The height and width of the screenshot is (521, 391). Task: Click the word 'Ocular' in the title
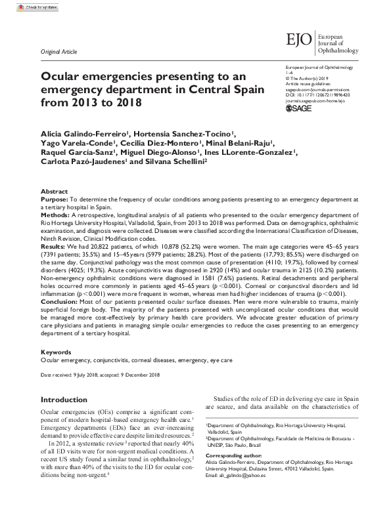[x=65, y=76]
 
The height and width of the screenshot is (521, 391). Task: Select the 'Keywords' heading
[x=57, y=353]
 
